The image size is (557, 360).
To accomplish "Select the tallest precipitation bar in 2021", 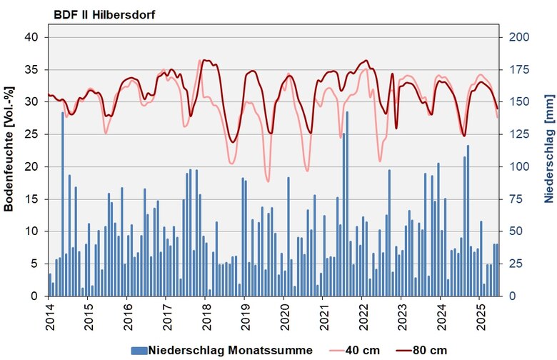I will click(347, 204).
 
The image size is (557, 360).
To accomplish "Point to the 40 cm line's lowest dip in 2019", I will click(268, 181).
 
